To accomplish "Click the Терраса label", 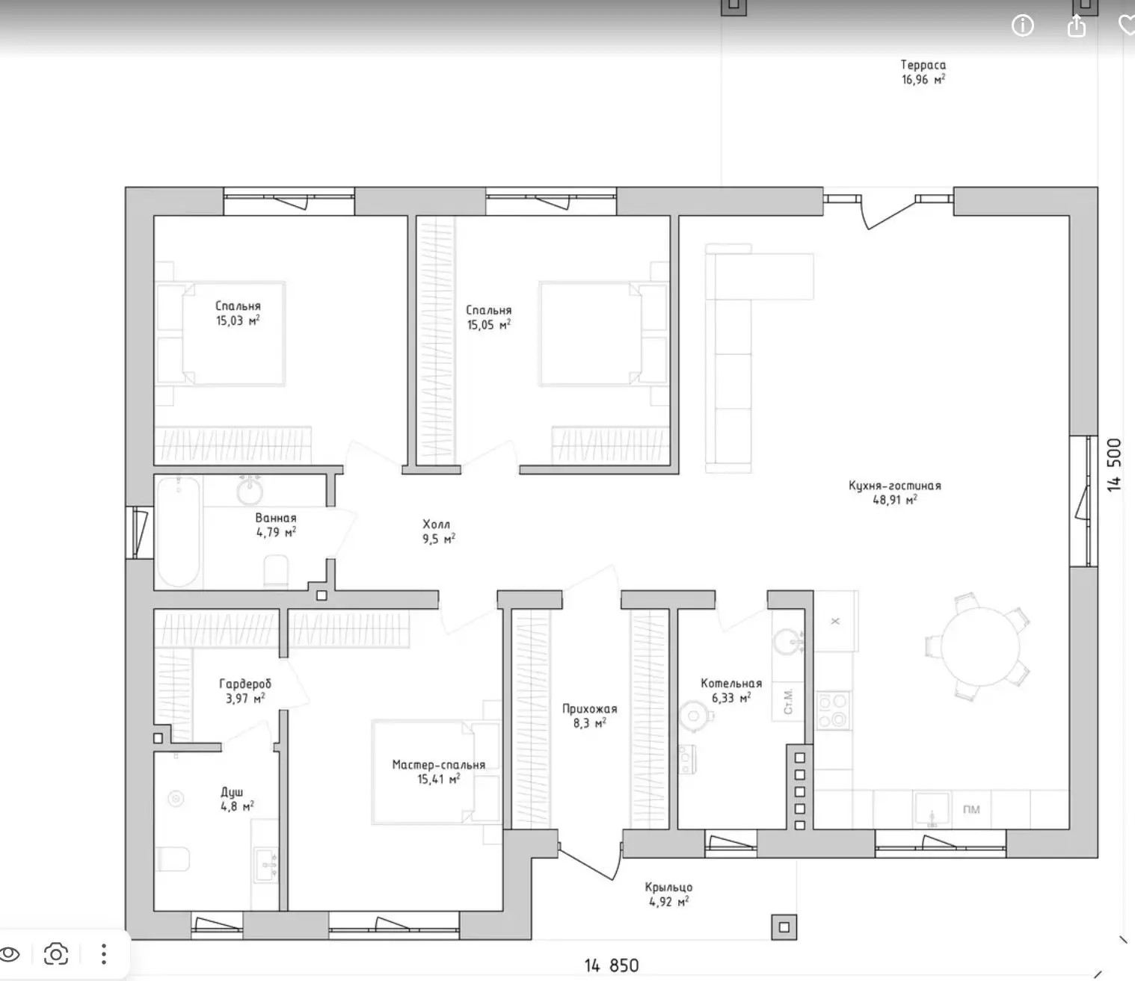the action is [x=923, y=65].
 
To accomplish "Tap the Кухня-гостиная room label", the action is [x=894, y=486].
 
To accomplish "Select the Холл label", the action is [x=437, y=524].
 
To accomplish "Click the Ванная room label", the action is [x=276, y=518].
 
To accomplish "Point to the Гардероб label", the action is [x=245, y=684].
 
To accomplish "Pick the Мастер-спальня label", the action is [x=439, y=765].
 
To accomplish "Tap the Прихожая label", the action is [x=590, y=709].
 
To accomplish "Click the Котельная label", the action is [x=731, y=684].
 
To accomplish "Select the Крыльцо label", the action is [x=668, y=887].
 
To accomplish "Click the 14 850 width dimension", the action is [x=611, y=965].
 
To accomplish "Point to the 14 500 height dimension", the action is [x=1113, y=465].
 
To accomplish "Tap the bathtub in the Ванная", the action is [x=179, y=532].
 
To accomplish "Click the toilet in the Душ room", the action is [x=173, y=858].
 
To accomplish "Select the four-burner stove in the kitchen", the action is [x=833, y=711].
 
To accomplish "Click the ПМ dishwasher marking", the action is [x=971, y=809].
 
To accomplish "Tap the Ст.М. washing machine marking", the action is [x=788, y=702].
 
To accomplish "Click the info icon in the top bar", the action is [x=1022, y=25].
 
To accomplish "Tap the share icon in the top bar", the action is [x=1076, y=25].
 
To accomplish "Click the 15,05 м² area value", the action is [x=489, y=325].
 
